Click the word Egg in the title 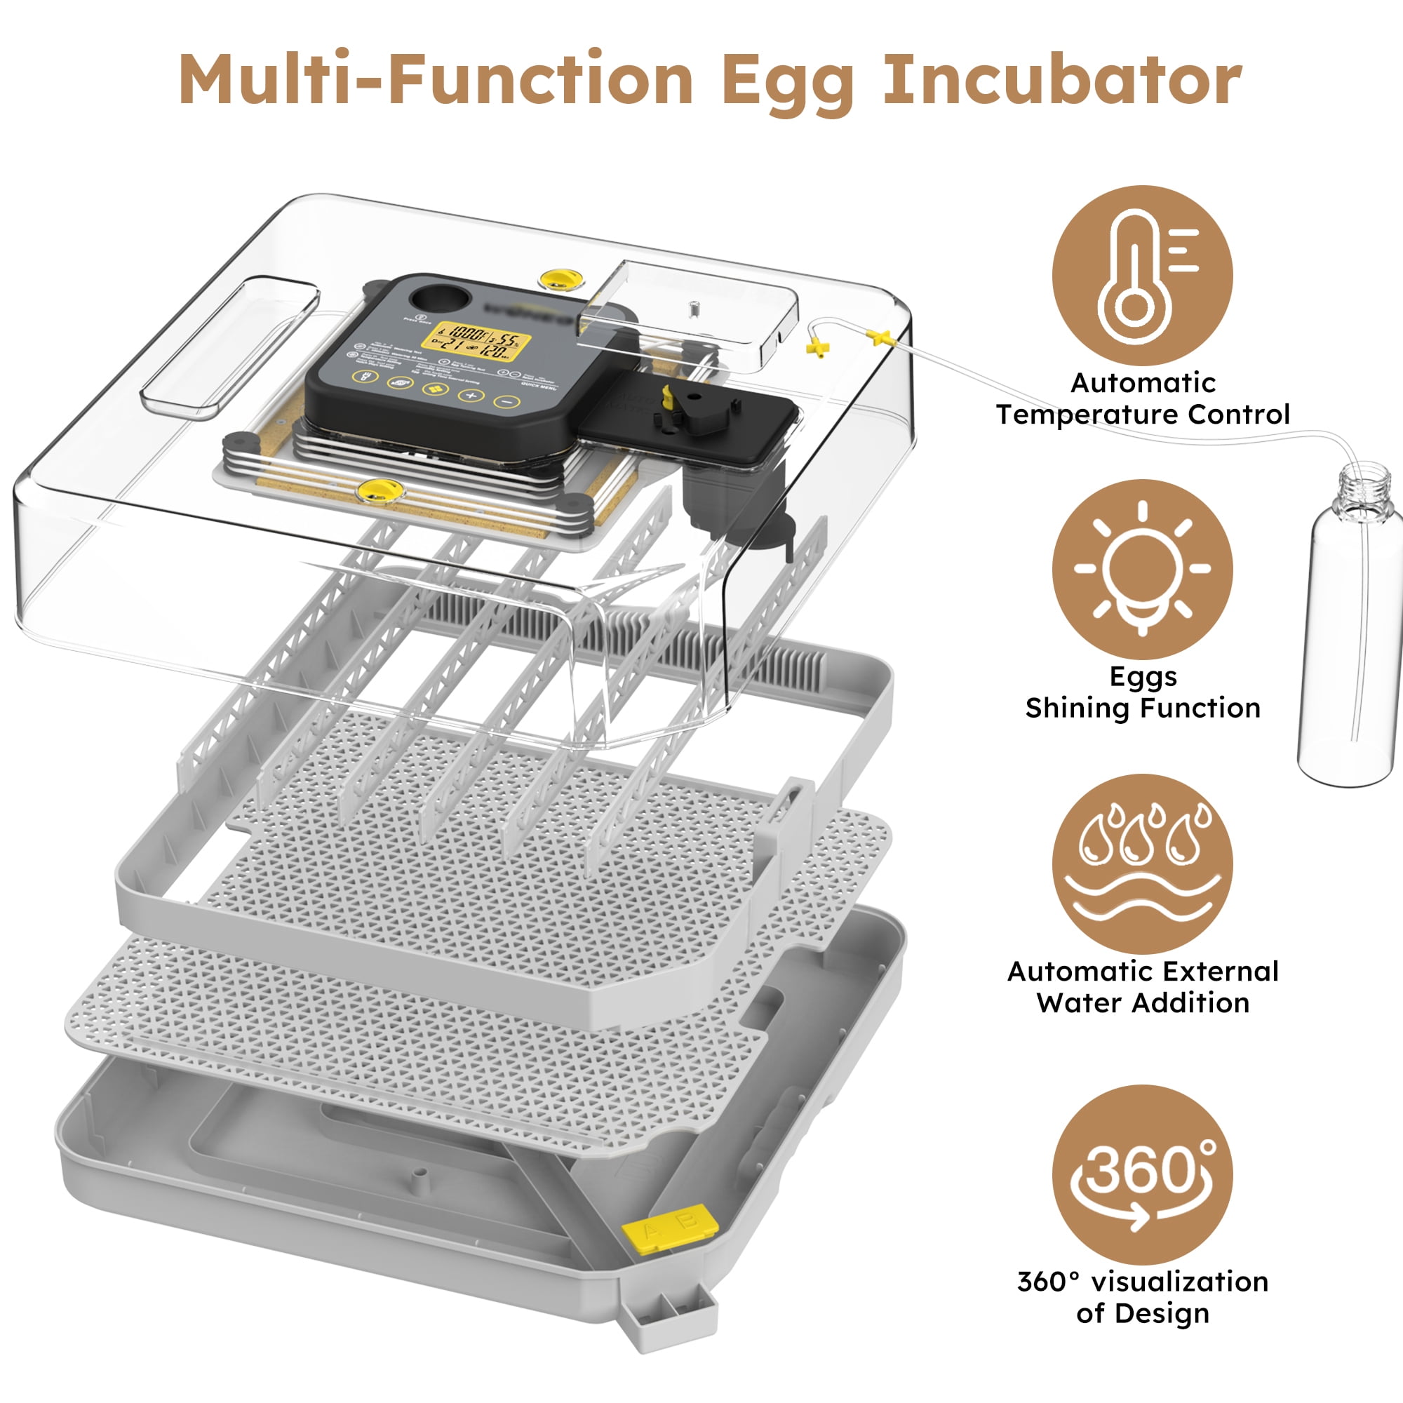pos(788,81)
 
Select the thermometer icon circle pos(1141,275)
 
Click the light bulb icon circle pos(1141,569)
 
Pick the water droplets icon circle pos(1141,863)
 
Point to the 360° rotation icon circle pos(1141,1174)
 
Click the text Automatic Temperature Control pos(1141,398)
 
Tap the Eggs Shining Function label pos(1141,692)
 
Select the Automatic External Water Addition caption pos(1141,987)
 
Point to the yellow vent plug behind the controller pos(558,279)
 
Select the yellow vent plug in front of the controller pos(378,491)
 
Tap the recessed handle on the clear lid pos(229,349)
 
